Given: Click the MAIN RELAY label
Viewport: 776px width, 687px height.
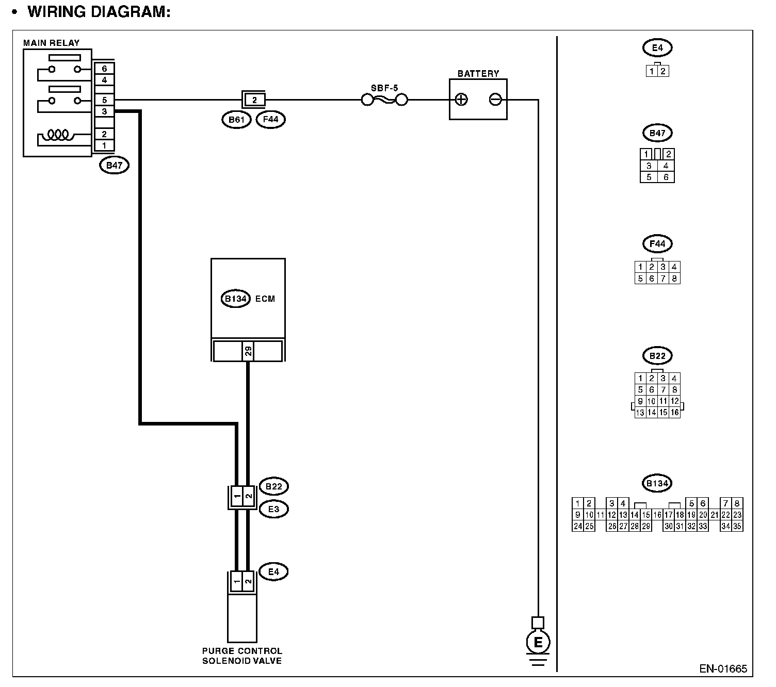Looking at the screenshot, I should pyautogui.click(x=51, y=43).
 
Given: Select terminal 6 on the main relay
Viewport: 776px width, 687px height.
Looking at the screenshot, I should pyautogui.click(x=104, y=69).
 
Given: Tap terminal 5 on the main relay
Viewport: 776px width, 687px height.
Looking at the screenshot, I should pyautogui.click(x=104, y=100).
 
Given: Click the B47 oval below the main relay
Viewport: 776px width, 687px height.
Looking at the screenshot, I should pyautogui.click(x=114, y=166).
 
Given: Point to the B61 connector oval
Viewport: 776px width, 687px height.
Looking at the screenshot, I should pyautogui.click(x=236, y=120).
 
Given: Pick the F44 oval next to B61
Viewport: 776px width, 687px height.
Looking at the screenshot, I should pyautogui.click(x=270, y=120).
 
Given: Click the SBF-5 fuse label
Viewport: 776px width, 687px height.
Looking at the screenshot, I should pyautogui.click(x=384, y=88).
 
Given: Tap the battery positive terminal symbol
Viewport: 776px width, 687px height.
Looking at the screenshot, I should pyautogui.click(x=461, y=100).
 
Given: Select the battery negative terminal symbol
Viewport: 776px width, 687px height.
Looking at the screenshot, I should pyautogui.click(x=495, y=100).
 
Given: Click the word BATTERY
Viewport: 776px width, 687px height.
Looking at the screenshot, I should pyautogui.click(x=478, y=74).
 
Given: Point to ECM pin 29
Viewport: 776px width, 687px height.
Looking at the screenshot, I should pyautogui.click(x=248, y=351).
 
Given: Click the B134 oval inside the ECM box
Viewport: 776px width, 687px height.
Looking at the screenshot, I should pyautogui.click(x=236, y=299).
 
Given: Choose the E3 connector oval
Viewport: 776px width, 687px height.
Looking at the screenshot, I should pyautogui.click(x=273, y=509).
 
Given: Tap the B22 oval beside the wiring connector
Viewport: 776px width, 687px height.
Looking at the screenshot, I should pyautogui.click(x=273, y=486).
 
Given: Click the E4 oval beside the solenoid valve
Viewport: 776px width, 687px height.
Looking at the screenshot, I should pyautogui.click(x=273, y=571).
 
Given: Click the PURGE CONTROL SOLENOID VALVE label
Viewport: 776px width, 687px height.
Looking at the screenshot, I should pyautogui.click(x=242, y=656).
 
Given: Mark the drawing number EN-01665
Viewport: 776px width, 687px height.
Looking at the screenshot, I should pyautogui.click(x=723, y=669).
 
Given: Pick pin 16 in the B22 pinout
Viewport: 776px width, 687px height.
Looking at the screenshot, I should pyautogui.click(x=674, y=412).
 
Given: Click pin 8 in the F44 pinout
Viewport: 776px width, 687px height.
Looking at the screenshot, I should pyautogui.click(x=674, y=279).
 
